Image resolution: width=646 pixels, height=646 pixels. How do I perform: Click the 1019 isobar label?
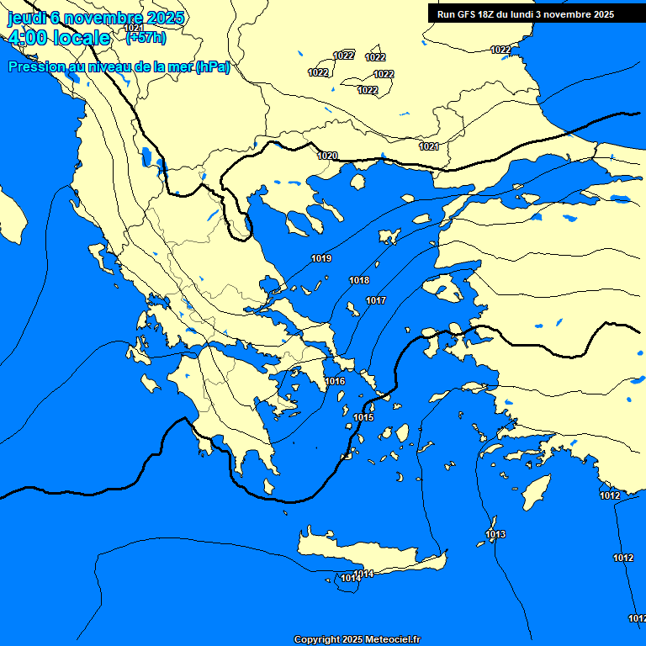pyautogui.click(x=321, y=258)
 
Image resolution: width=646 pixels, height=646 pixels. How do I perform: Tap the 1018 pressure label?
pyautogui.click(x=359, y=280)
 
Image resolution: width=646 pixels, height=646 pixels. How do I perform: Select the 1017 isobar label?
pyautogui.click(x=376, y=300)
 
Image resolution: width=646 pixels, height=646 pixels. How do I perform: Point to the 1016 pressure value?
pyautogui.click(x=335, y=381)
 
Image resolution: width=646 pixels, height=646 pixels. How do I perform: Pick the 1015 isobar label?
pyautogui.click(x=363, y=417)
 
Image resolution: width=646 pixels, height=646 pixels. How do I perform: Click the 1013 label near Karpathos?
pyautogui.click(x=495, y=534)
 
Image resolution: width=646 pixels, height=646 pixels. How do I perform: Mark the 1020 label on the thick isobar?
pyautogui.click(x=327, y=156)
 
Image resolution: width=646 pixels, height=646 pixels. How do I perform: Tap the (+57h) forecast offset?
pyautogui.click(x=145, y=37)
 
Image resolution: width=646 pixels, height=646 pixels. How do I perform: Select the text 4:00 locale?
pyautogui.click(x=59, y=38)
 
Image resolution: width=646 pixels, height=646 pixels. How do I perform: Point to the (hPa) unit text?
pyautogui.click(x=212, y=67)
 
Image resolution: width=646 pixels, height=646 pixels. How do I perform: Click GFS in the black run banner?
pyautogui.click(x=471, y=14)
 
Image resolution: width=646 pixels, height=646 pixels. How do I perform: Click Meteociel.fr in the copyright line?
pyautogui.click(x=391, y=640)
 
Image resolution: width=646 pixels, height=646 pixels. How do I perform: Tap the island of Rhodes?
pyautogui.click(x=533, y=492)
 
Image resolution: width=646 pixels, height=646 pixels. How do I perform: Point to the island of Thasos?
pyautogui.click(x=357, y=181)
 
